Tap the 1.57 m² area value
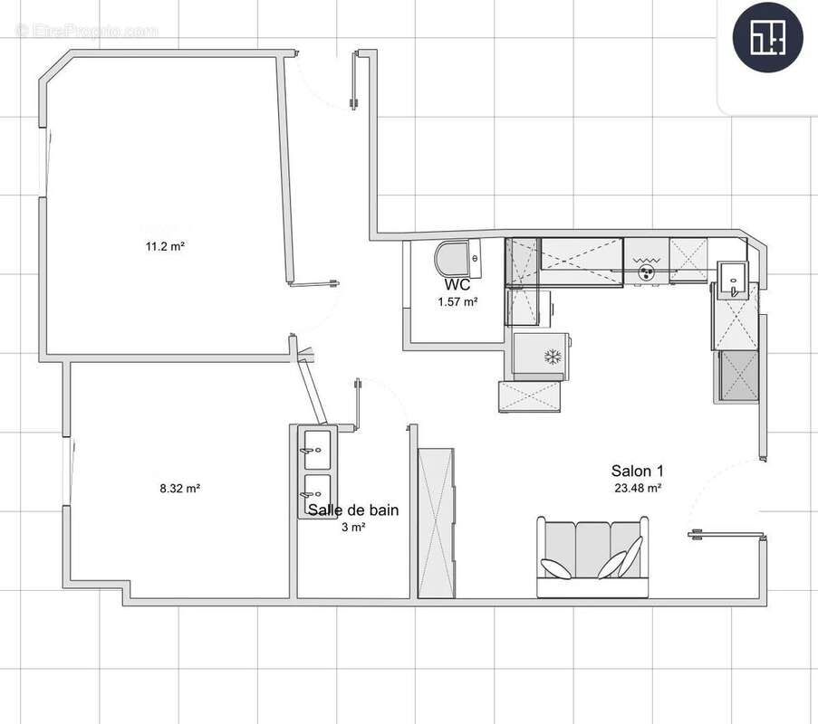457,302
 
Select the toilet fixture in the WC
457,260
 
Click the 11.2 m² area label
165,245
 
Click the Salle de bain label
353,510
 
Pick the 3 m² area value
353,528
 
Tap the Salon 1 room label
638,471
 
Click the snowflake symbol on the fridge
552,357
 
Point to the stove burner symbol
646,267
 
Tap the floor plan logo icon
767,37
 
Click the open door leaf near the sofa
726,535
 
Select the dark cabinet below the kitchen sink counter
737,376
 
